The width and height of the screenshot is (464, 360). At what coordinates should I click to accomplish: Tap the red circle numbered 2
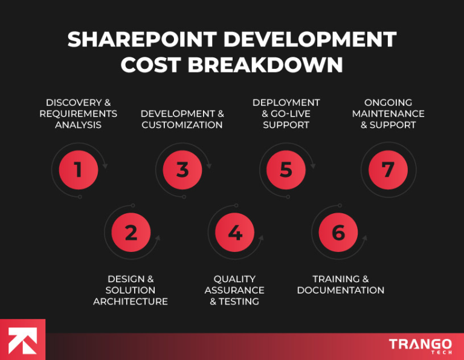[130, 233]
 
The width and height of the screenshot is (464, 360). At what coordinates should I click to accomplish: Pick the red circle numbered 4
[235, 233]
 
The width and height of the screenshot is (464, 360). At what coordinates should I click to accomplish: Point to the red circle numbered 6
[338, 233]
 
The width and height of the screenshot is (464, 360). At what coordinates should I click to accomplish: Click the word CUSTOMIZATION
[182, 125]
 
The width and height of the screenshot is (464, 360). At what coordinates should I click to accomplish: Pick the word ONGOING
[388, 103]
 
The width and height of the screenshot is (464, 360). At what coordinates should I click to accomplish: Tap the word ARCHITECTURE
[130, 301]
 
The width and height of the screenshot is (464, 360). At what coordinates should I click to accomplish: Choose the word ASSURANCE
[234, 291]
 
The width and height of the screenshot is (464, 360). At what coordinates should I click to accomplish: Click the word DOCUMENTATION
[341, 291]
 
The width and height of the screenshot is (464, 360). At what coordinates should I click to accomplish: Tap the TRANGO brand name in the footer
[420, 344]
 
